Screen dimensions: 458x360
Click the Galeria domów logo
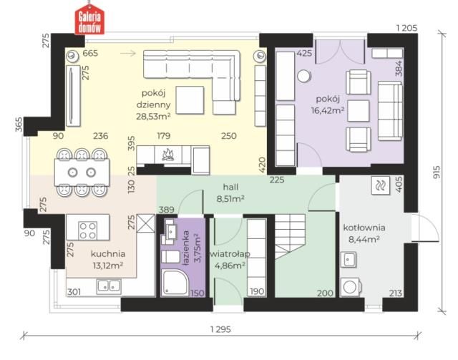point(89,19)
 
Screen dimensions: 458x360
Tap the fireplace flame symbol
point(167,155)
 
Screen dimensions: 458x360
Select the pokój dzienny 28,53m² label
point(153,104)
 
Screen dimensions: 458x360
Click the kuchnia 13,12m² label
point(108,260)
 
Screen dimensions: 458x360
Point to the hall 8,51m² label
point(230,193)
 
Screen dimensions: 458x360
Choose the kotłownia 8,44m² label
point(364,233)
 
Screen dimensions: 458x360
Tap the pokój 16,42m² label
point(328,104)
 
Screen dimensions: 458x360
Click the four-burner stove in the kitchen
point(88,230)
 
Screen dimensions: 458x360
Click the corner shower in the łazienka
point(175,282)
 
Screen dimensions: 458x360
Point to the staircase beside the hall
point(290,236)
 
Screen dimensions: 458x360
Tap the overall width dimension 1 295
point(220,330)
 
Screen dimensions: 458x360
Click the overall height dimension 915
point(437,172)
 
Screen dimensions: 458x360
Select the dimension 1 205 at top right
point(406,28)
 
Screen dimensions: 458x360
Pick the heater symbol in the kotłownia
point(380,185)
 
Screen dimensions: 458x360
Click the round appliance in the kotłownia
point(350,287)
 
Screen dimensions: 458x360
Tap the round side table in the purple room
point(303,77)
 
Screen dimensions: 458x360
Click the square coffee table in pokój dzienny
point(190,100)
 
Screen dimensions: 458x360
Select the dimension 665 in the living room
point(90,54)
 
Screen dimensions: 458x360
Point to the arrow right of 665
point(128,53)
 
